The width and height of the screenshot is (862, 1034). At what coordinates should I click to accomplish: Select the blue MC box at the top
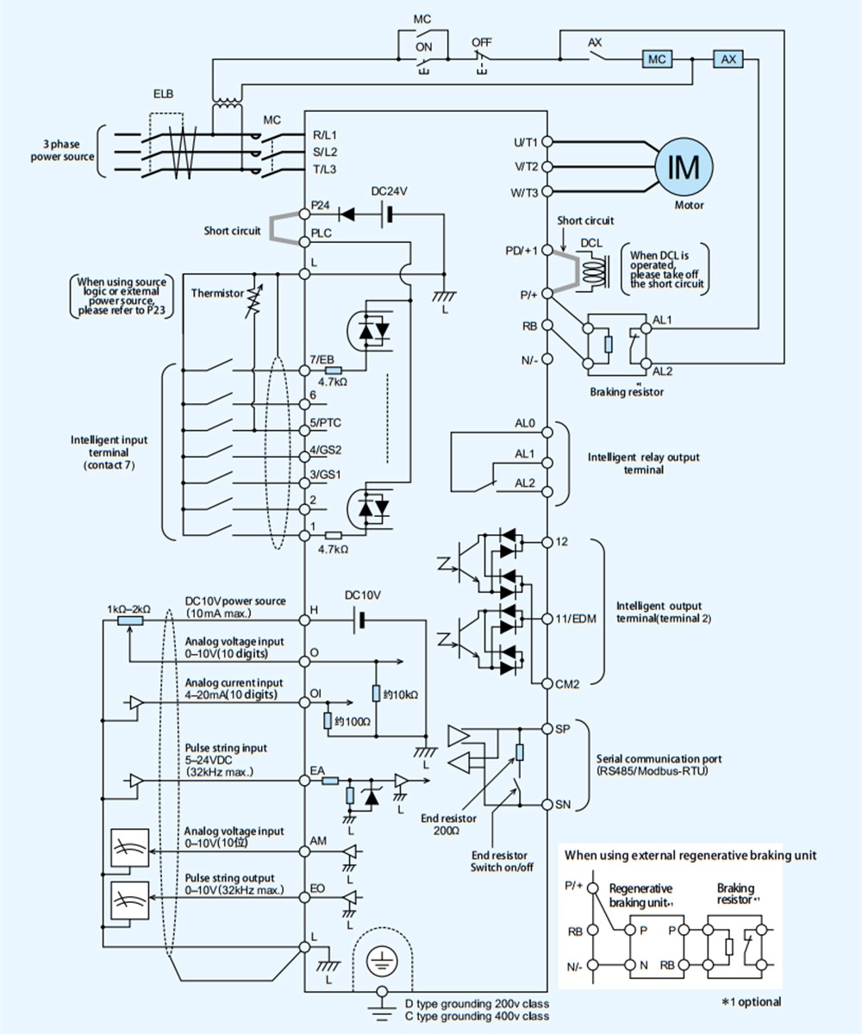(x=657, y=59)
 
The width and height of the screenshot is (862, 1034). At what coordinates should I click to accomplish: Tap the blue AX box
(x=728, y=59)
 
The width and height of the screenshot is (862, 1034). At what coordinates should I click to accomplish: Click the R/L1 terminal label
(x=325, y=135)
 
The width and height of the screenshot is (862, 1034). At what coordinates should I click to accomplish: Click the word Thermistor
(x=217, y=294)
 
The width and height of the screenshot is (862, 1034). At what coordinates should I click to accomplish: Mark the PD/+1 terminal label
(x=522, y=251)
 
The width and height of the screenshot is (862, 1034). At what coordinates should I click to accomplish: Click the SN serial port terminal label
(x=563, y=805)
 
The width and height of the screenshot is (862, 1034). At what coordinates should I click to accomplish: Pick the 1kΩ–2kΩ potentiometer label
(x=129, y=608)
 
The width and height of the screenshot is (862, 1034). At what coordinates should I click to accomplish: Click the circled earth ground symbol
(x=380, y=956)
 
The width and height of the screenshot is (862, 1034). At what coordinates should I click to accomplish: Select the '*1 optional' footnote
(x=752, y=1001)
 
